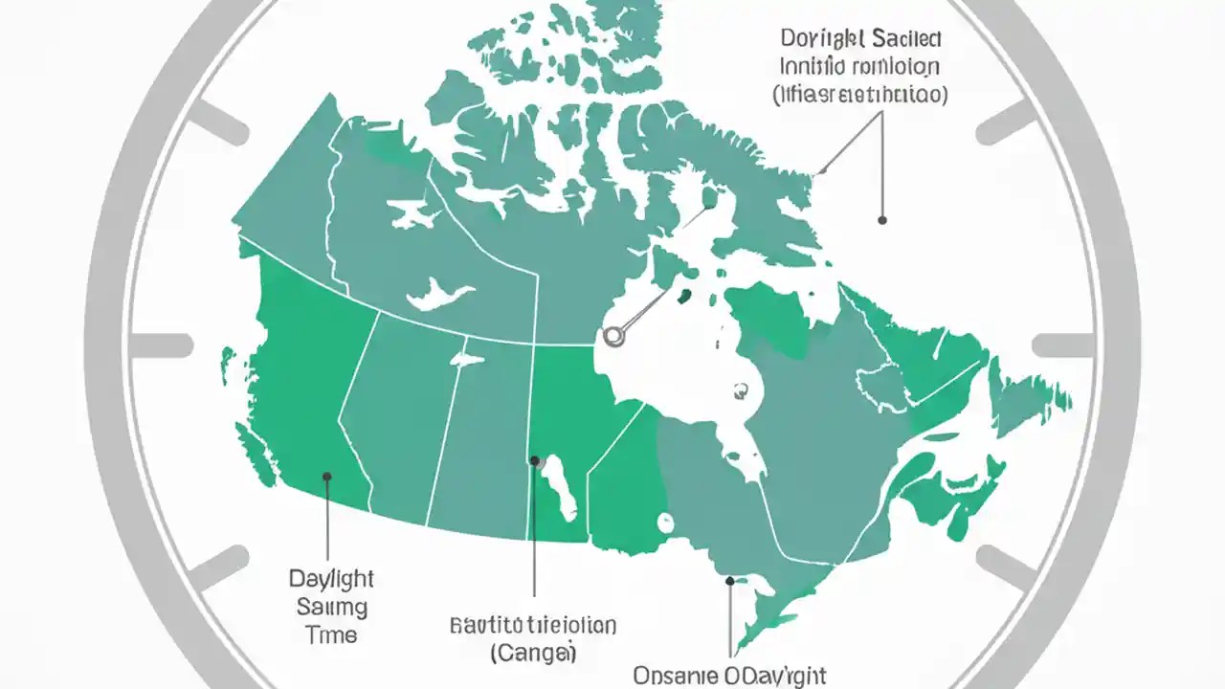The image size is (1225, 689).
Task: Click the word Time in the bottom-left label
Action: (x=331, y=635)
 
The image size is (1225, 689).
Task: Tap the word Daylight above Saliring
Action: (x=331, y=579)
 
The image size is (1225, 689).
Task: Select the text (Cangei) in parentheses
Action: (x=534, y=654)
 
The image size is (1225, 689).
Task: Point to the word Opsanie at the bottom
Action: (x=679, y=676)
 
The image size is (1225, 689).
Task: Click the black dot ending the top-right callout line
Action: (x=882, y=220)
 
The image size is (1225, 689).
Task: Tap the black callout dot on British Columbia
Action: (x=327, y=476)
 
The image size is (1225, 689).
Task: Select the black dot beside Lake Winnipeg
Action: (x=534, y=460)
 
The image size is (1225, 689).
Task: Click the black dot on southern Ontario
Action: (x=730, y=580)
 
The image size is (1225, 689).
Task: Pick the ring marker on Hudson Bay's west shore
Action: (x=614, y=336)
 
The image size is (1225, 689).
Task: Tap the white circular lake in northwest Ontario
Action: (x=664, y=522)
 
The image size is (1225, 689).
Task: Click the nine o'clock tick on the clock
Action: (x=161, y=344)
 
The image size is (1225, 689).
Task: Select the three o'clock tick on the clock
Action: (x=1063, y=344)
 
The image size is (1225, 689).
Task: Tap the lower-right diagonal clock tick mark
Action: (x=1006, y=567)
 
